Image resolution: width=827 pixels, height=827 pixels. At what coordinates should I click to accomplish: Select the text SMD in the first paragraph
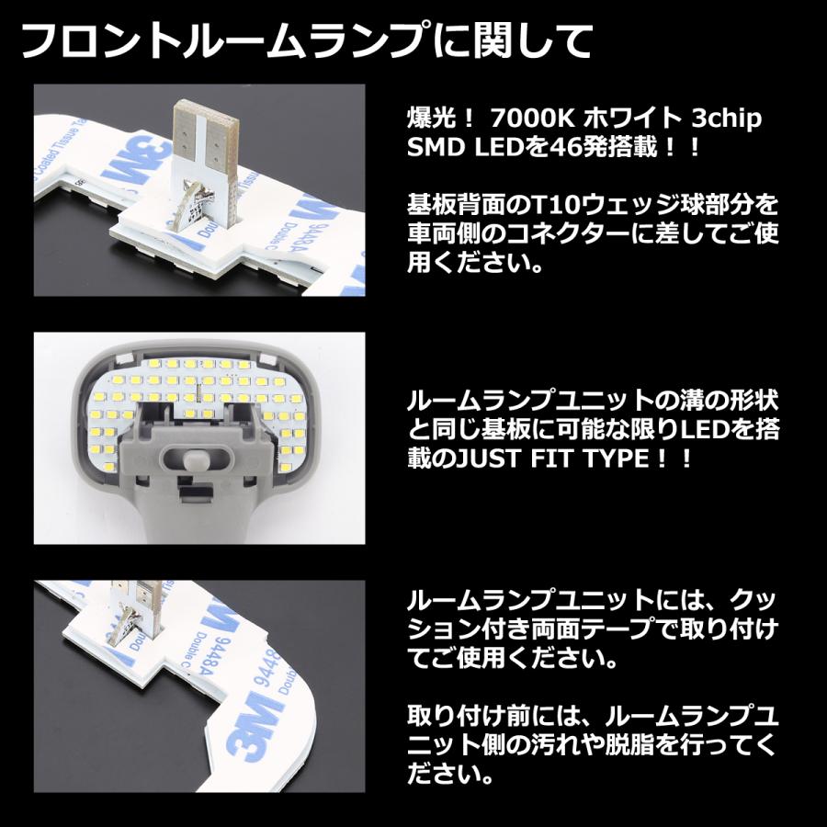[x=432, y=147]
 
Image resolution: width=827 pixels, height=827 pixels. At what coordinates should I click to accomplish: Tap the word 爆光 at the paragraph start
[x=427, y=119]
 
